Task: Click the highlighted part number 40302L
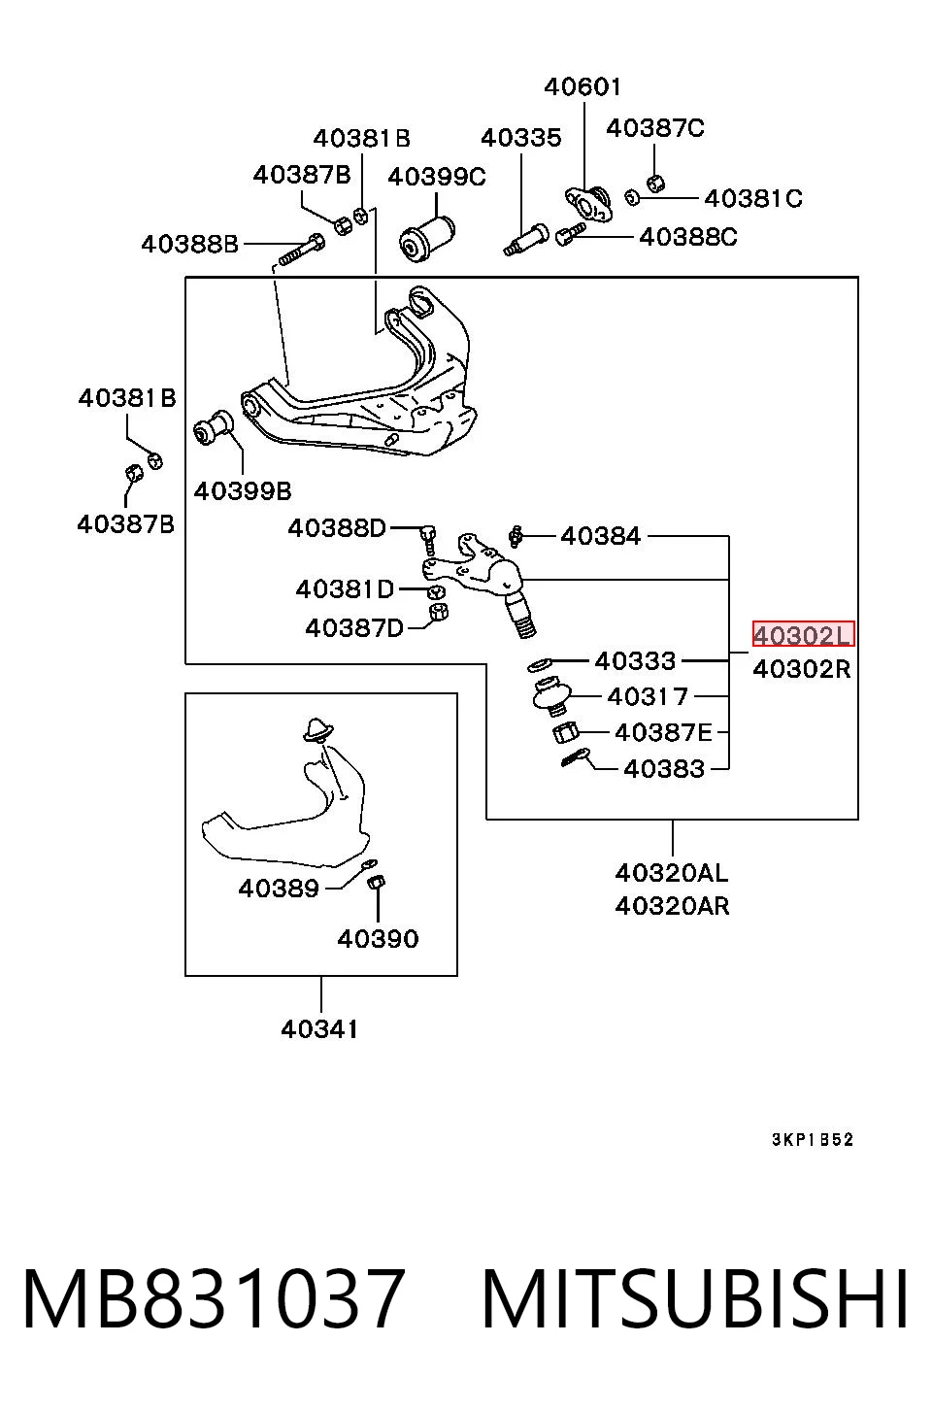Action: [803, 634]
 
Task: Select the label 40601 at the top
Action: [582, 86]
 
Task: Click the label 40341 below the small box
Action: [319, 1029]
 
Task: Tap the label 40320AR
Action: [672, 906]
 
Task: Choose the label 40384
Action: [600, 536]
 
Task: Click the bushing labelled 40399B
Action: [214, 426]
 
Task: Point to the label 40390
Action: [378, 939]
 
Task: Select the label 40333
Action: [635, 661]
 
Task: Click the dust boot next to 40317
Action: [551, 695]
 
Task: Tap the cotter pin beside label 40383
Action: [576, 757]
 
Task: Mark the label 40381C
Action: [753, 199]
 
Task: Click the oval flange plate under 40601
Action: [587, 203]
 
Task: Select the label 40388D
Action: [337, 528]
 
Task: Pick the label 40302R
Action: [802, 668]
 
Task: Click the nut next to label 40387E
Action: [565, 732]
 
